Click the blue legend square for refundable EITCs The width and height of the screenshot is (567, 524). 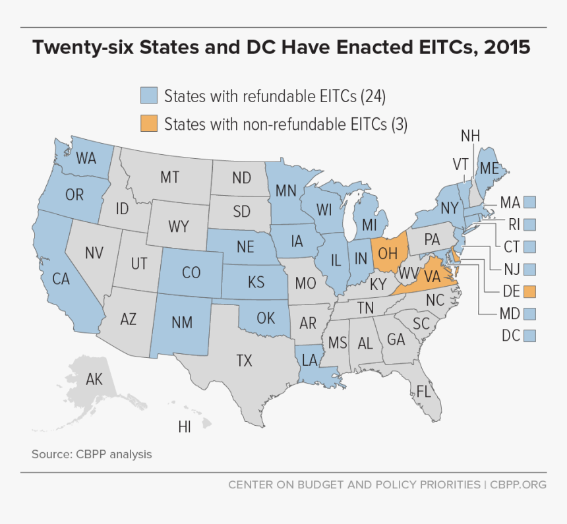(x=149, y=96)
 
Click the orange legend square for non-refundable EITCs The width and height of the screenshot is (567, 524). (x=149, y=124)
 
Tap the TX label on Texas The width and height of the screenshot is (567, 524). (x=245, y=360)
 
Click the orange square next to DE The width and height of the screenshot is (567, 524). (x=529, y=291)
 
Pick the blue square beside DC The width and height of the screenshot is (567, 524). (x=529, y=335)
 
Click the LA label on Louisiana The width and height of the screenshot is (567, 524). (x=311, y=360)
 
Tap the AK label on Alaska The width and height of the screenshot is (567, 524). (x=94, y=380)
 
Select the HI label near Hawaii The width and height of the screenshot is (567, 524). (x=185, y=427)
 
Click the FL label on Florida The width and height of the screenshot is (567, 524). (x=424, y=392)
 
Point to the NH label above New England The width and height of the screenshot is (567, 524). (x=470, y=136)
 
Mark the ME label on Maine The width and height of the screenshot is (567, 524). (x=489, y=169)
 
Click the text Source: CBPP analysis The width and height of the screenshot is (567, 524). (x=92, y=454)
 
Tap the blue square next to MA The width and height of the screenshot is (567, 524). (x=529, y=202)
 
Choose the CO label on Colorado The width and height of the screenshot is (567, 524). (x=191, y=272)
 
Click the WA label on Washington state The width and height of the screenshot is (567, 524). (x=86, y=158)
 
